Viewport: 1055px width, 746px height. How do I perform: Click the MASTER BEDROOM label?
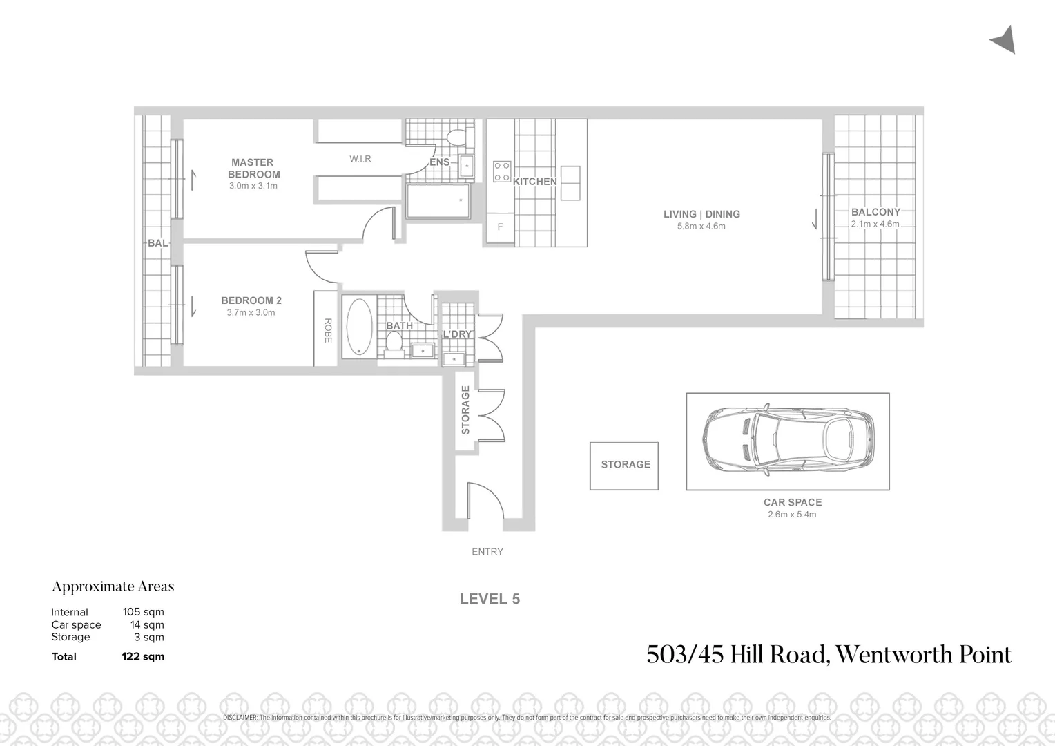coord(252,169)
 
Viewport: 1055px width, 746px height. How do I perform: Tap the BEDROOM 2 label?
coord(251,300)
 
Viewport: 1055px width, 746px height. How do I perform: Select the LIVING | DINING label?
coord(701,214)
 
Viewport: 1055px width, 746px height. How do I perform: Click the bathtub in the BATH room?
coord(358,326)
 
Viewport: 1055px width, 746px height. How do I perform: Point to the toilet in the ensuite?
coord(457,137)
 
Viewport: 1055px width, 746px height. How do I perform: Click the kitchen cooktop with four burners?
coord(501,171)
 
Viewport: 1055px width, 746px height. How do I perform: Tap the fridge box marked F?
coord(501,227)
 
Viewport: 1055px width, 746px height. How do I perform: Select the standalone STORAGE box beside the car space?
coord(625,465)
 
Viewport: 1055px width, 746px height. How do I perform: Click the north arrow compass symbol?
coord(1004,40)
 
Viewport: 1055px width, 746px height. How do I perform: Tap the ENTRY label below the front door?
coord(487,551)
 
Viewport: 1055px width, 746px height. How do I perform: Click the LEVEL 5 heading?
coord(490,599)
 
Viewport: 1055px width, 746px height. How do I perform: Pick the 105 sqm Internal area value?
coord(143,612)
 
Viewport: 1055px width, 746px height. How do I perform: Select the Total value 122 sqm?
coord(143,656)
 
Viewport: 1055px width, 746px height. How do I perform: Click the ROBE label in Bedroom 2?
coord(327,330)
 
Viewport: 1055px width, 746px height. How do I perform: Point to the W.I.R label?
coord(360,159)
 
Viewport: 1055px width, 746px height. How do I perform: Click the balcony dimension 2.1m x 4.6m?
coord(875,224)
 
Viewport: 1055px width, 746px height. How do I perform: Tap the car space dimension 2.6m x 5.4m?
coord(792,515)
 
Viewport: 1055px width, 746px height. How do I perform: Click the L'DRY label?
coord(457,334)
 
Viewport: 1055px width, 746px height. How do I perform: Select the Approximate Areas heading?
coord(113,586)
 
